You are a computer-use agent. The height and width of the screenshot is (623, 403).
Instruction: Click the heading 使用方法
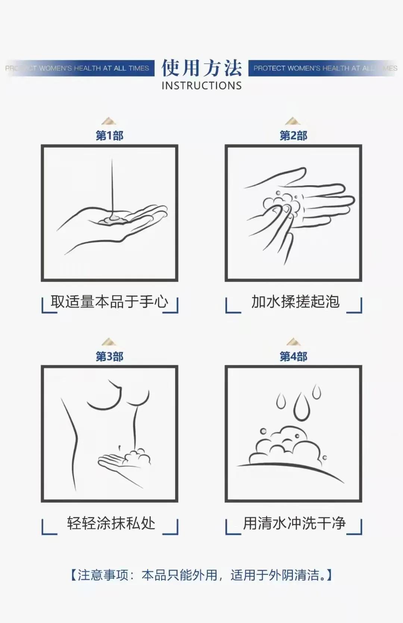(201, 68)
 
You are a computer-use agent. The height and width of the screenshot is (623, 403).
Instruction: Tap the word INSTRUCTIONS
(201, 86)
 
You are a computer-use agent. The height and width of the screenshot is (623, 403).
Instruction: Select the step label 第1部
(109, 135)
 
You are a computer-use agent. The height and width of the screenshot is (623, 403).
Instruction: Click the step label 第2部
(293, 135)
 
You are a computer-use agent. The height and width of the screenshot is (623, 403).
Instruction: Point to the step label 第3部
(109, 357)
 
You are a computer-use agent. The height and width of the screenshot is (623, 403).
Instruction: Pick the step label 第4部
(293, 357)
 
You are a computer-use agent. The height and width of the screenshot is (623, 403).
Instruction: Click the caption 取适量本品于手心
(109, 302)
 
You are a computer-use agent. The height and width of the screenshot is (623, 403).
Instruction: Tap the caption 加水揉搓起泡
(295, 302)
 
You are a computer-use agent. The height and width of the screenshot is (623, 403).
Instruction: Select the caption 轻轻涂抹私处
(111, 523)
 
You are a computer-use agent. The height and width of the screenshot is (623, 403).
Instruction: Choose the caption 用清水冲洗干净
(294, 523)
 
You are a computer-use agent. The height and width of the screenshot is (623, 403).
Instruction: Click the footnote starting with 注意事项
(201, 575)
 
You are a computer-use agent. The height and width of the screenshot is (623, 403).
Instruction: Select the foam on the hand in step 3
(137, 456)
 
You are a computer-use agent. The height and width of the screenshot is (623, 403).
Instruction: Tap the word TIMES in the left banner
(139, 68)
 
